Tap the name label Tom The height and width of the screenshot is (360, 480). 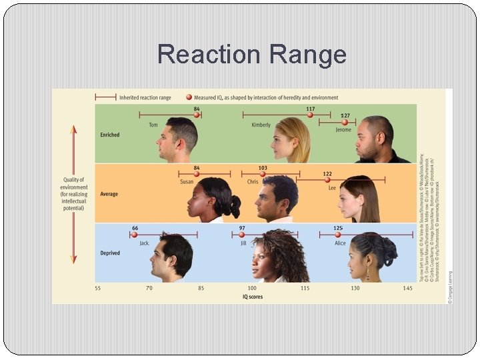click(x=153, y=125)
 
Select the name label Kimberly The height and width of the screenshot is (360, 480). click(x=261, y=125)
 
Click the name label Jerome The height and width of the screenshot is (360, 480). click(x=344, y=130)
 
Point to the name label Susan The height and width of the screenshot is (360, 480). click(x=187, y=181)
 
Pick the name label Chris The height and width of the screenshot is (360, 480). click(x=253, y=181)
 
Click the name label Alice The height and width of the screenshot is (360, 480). click(x=340, y=243)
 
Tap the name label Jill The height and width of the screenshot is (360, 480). click(x=244, y=243)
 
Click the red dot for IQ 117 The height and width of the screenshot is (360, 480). click(x=310, y=115)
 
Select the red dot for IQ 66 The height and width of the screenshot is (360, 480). click(x=135, y=235)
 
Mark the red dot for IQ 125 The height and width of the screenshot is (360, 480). click(x=338, y=235)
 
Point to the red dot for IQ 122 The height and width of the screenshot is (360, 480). click(x=327, y=179)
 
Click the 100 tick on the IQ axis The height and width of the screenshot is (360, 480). click(x=252, y=288)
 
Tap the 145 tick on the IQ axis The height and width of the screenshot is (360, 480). click(x=407, y=288)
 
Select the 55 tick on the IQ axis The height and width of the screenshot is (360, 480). click(x=98, y=288)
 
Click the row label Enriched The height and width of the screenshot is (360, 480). click(x=110, y=135)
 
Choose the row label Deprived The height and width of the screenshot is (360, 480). click(x=110, y=253)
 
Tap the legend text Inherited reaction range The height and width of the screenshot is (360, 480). click(x=145, y=97)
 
